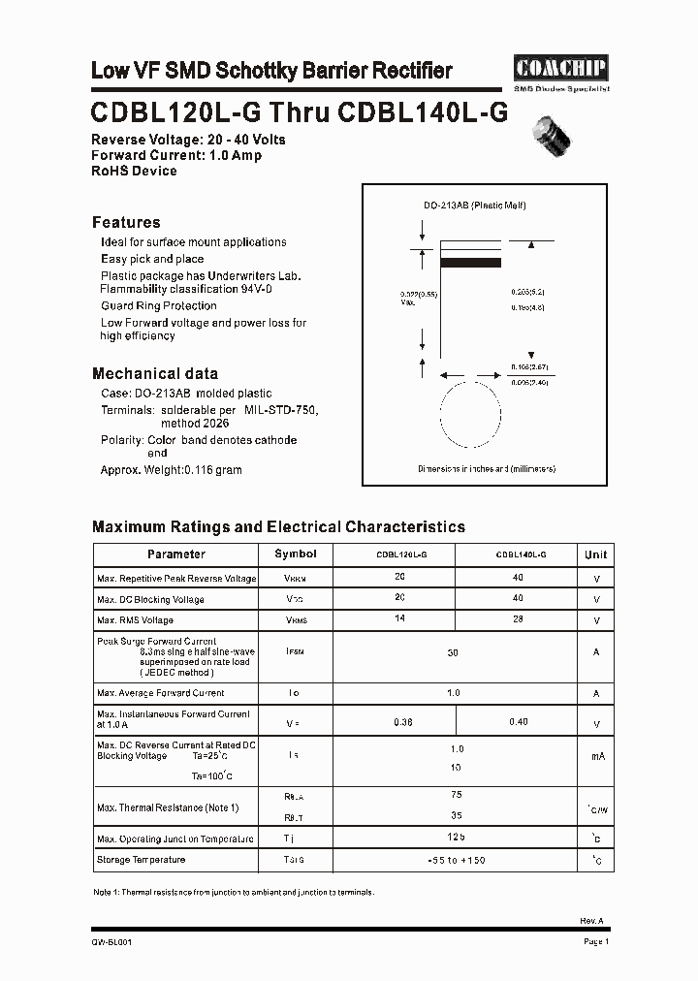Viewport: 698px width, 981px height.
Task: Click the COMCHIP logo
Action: (x=559, y=68)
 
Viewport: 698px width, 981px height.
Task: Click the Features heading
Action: (x=126, y=222)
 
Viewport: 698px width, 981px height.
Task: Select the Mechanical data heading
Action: (x=154, y=373)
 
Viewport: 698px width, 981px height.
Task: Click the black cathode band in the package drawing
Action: (x=470, y=262)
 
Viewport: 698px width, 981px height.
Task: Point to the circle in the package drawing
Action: (x=472, y=415)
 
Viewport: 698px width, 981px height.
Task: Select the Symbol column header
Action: (x=296, y=554)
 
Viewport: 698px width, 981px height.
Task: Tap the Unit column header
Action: (x=595, y=554)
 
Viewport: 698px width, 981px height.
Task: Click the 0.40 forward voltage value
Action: (x=519, y=722)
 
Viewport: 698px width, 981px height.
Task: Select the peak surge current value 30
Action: (x=453, y=653)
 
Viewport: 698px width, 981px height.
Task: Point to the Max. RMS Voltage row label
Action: (x=136, y=620)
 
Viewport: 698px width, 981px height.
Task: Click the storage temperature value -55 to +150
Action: (x=456, y=860)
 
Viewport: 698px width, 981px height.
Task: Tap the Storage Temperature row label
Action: (x=141, y=860)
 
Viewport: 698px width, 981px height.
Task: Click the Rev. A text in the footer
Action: (x=592, y=922)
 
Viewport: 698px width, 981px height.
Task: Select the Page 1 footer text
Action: (x=595, y=941)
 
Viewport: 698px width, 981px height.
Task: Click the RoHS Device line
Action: (x=134, y=171)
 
